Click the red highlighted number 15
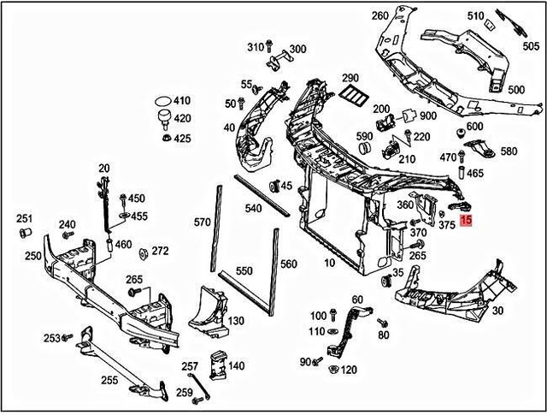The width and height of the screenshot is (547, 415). (466, 221)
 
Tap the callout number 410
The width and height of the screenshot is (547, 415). (183, 101)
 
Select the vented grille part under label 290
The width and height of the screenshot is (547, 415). (350, 98)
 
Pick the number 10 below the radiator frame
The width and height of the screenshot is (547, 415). (330, 263)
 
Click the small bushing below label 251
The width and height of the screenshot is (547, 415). (25, 232)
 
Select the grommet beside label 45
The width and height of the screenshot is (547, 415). (275, 186)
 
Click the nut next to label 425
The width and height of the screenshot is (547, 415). (163, 138)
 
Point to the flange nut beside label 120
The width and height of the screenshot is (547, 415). (329, 370)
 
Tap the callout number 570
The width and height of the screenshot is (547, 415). (201, 222)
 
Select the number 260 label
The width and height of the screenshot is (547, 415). (379, 15)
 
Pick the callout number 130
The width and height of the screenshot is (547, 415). (236, 320)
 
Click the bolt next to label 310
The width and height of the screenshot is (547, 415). (271, 46)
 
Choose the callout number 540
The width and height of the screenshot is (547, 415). (253, 208)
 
